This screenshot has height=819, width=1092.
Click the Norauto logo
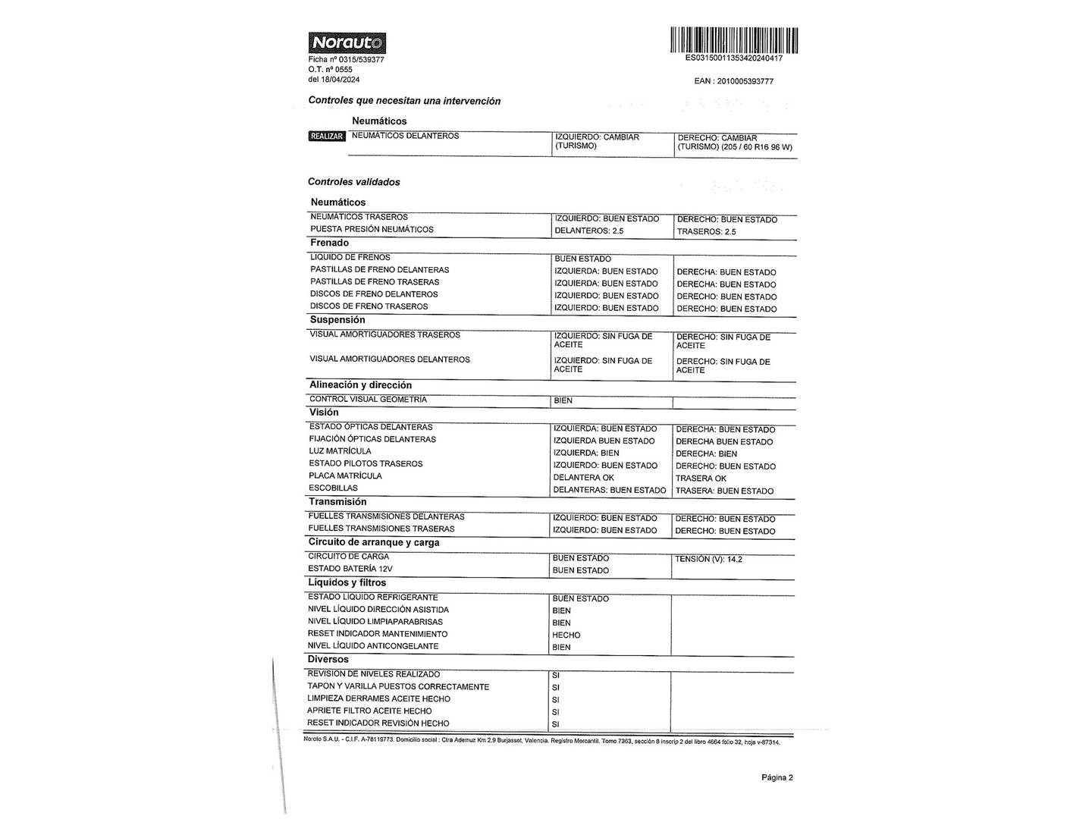pyautogui.click(x=347, y=43)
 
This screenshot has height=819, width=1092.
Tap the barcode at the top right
pyautogui.click(x=733, y=40)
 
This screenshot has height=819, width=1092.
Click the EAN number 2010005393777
pyautogui.click(x=733, y=81)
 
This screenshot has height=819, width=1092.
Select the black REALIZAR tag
pyautogui.click(x=327, y=136)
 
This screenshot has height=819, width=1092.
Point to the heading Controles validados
pyautogui.click(x=353, y=182)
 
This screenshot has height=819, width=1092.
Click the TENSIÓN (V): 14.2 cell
pyautogui.click(x=708, y=560)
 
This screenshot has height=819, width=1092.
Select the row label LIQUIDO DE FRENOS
pyautogui.click(x=350, y=258)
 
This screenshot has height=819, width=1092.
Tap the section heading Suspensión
pyautogui.click(x=337, y=320)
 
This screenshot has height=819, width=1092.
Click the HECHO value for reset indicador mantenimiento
pyautogui.click(x=566, y=635)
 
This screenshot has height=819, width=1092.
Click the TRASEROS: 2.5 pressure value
pyautogui.click(x=706, y=232)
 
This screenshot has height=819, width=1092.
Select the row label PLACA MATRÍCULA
pyautogui.click(x=345, y=476)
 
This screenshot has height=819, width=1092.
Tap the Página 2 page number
pyautogui.click(x=777, y=777)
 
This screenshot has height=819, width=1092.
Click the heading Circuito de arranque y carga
pyautogui.click(x=373, y=542)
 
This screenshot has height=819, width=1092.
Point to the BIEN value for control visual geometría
pyautogui.click(x=563, y=400)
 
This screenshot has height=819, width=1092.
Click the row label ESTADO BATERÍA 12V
pyautogui.click(x=350, y=569)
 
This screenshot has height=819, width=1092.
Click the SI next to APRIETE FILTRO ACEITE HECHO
pyautogui.click(x=556, y=712)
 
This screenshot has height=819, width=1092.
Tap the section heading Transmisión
pyautogui.click(x=337, y=502)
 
